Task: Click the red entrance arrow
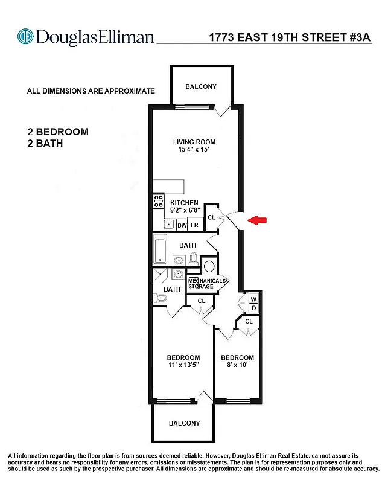tap(258, 221)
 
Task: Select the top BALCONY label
tap(201, 86)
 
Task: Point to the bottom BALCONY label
tap(184, 423)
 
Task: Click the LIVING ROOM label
tap(194, 142)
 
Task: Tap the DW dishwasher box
tap(182, 225)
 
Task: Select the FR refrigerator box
tap(194, 225)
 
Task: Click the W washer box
tap(253, 299)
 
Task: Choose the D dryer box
tap(253, 309)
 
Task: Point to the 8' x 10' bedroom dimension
tap(237, 366)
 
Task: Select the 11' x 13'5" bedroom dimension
tap(183, 366)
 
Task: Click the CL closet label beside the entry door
tap(211, 217)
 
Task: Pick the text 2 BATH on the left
tap(45, 144)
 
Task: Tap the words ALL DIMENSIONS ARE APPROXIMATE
tap(91, 91)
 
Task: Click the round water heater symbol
tap(209, 266)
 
